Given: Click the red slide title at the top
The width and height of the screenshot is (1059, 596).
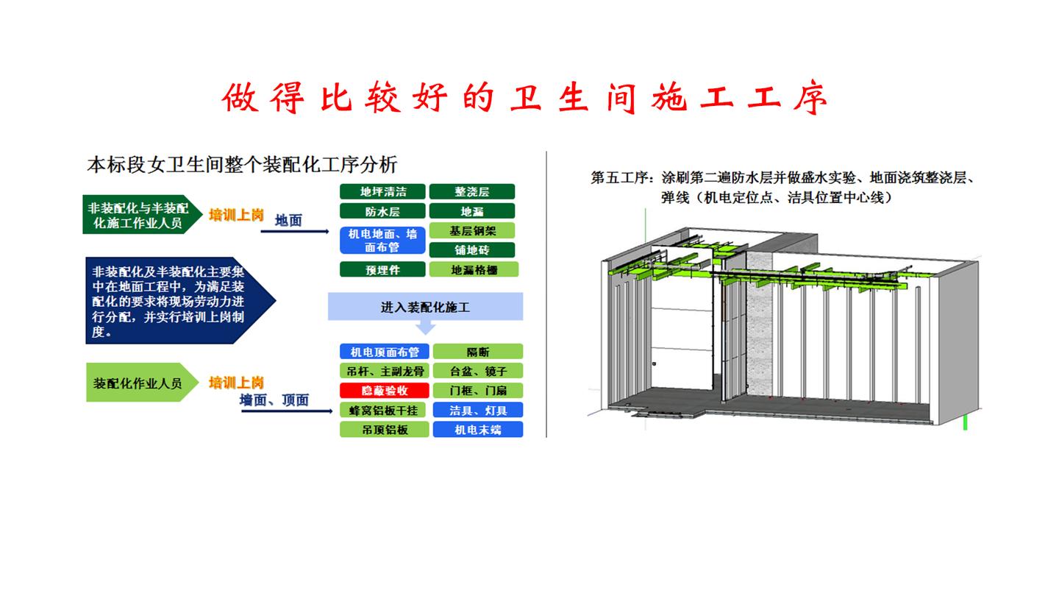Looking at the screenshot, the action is [525, 99].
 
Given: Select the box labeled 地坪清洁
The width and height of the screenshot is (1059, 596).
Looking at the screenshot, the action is [382, 192].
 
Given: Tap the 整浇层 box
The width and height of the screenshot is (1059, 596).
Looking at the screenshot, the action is [471, 192].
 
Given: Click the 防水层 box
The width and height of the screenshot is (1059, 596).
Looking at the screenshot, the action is [382, 212].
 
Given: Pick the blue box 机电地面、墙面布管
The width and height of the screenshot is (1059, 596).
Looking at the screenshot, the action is [382, 241].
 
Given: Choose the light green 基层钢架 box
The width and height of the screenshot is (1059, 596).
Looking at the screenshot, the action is [473, 231].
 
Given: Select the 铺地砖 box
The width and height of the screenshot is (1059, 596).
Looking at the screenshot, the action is [472, 250].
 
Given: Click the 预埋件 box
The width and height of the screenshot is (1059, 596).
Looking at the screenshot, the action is [382, 270].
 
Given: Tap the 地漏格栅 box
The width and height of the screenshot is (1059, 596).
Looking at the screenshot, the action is [474, 270].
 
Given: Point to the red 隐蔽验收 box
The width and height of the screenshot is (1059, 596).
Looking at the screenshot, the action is [384, 391].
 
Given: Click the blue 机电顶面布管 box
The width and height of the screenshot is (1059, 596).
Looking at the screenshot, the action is [384, 352].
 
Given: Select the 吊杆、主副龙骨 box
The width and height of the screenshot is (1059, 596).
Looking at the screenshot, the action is [384, 371].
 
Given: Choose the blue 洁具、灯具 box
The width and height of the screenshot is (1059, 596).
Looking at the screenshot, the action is [477, 410].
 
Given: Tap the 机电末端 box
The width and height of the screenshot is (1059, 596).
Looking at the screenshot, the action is [477, 430].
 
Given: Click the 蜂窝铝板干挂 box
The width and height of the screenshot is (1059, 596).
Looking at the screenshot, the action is [384, 410].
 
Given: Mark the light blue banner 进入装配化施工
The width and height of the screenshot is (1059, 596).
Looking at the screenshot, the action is [425, 307].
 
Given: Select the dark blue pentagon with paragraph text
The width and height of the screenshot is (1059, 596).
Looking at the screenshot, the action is [176, 299].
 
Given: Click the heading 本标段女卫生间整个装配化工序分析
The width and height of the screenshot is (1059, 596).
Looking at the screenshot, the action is [242, 163].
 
